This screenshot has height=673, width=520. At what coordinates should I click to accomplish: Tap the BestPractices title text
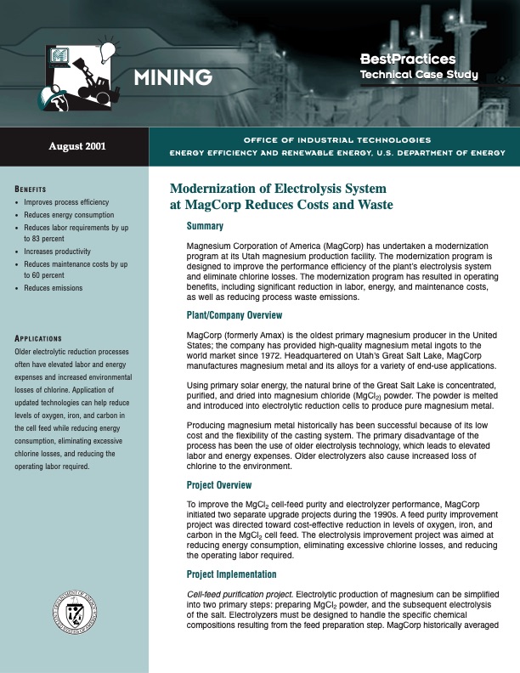[x=408, y=59]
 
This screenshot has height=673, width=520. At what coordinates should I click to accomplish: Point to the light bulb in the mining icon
[x=107, y=50]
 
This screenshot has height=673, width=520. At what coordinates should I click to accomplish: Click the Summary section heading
[x=205, y=227]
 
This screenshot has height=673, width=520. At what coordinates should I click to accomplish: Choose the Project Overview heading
[x=219, y=485]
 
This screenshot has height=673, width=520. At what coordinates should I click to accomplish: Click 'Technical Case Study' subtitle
[x=419, y=76]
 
